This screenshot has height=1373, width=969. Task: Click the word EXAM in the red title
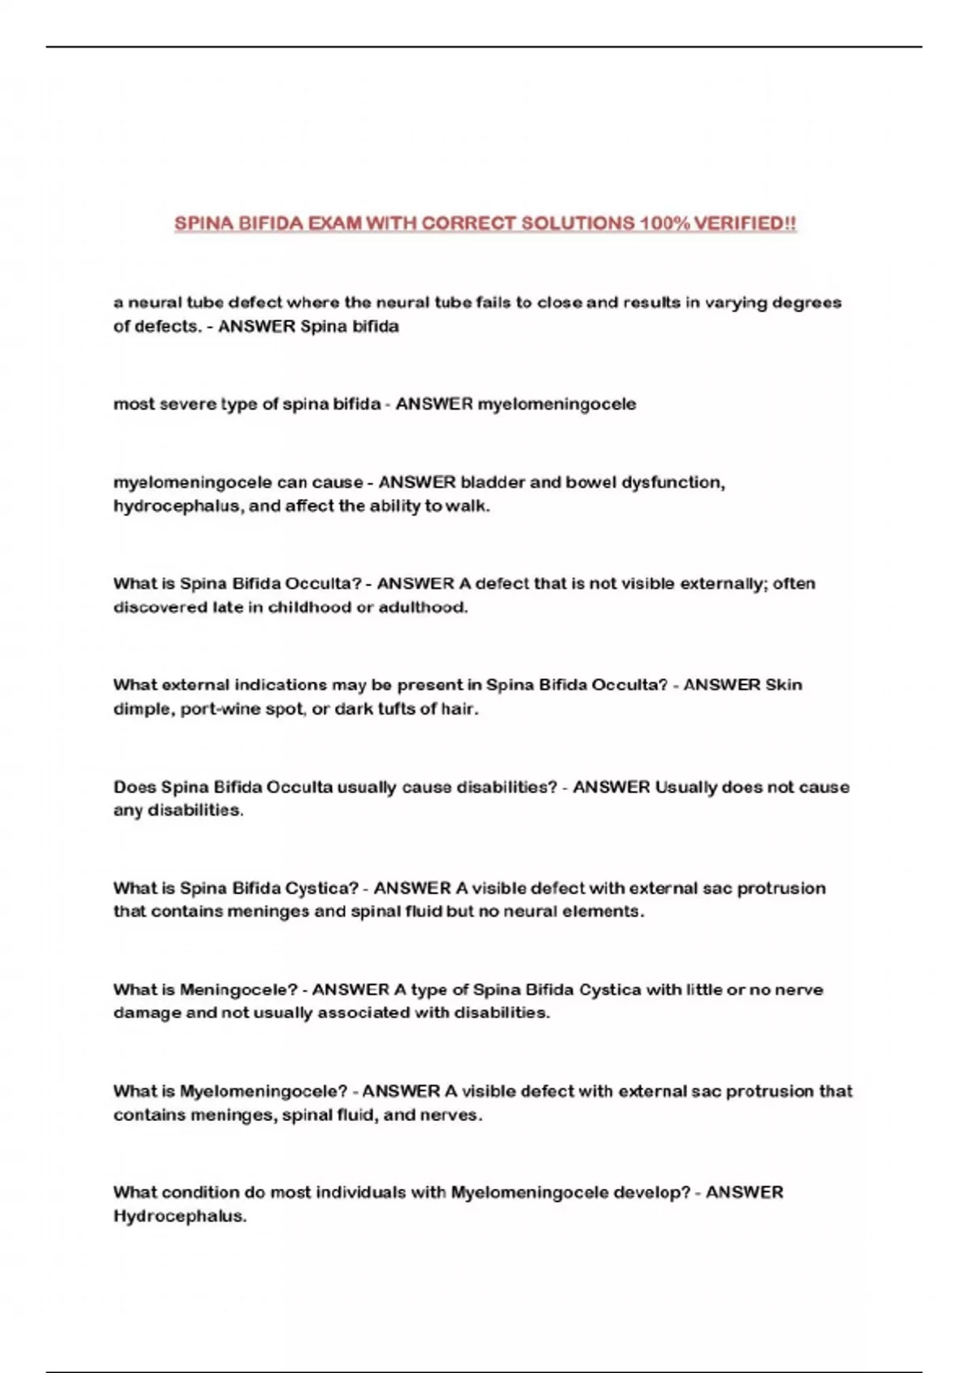pyautogui.click(x=335, y=224)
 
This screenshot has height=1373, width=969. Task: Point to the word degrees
pyautogui.click(x=807, y=303)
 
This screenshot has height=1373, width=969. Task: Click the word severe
pyautogui.click(x=188, y=404)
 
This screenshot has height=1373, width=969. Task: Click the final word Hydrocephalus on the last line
pyautogui.click(x=179, y=1216)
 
